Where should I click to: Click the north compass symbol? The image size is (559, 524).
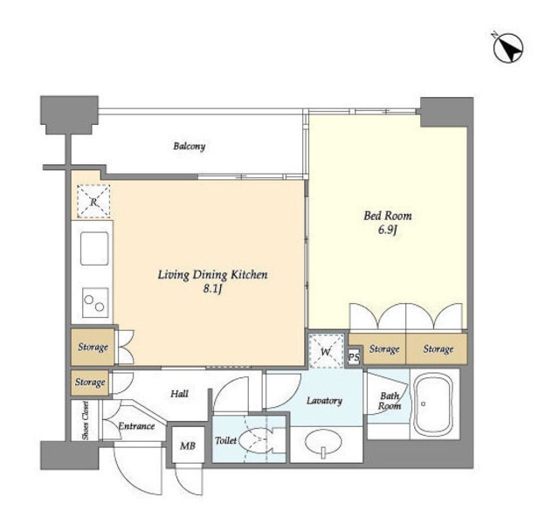[508, 48]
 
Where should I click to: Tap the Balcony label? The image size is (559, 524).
[190, 146]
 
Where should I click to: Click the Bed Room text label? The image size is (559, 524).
[388, 216]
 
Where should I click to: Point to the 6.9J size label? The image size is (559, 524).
[388, 231]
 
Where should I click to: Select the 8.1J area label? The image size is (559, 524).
[213, 289]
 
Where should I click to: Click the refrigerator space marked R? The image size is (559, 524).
[93, 202]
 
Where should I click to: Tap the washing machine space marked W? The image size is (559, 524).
[326, 351]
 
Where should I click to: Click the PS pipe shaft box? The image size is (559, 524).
[354, 357]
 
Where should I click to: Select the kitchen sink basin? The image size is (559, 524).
[94, 248]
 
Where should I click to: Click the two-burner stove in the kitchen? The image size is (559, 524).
[95, 303]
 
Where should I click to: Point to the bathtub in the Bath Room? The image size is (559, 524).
[433, 404]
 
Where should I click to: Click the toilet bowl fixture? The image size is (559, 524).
[256, 440]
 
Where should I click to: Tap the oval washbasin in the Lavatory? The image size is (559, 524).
[323, 443]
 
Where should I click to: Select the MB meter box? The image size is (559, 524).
[188, 445]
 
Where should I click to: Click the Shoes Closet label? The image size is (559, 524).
[86, 420]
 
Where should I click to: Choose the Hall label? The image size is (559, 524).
[179, 394]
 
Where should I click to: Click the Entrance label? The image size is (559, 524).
[136, 426]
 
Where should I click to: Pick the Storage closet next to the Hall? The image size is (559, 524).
[90, 383]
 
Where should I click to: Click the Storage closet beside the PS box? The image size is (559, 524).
[384, 349]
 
